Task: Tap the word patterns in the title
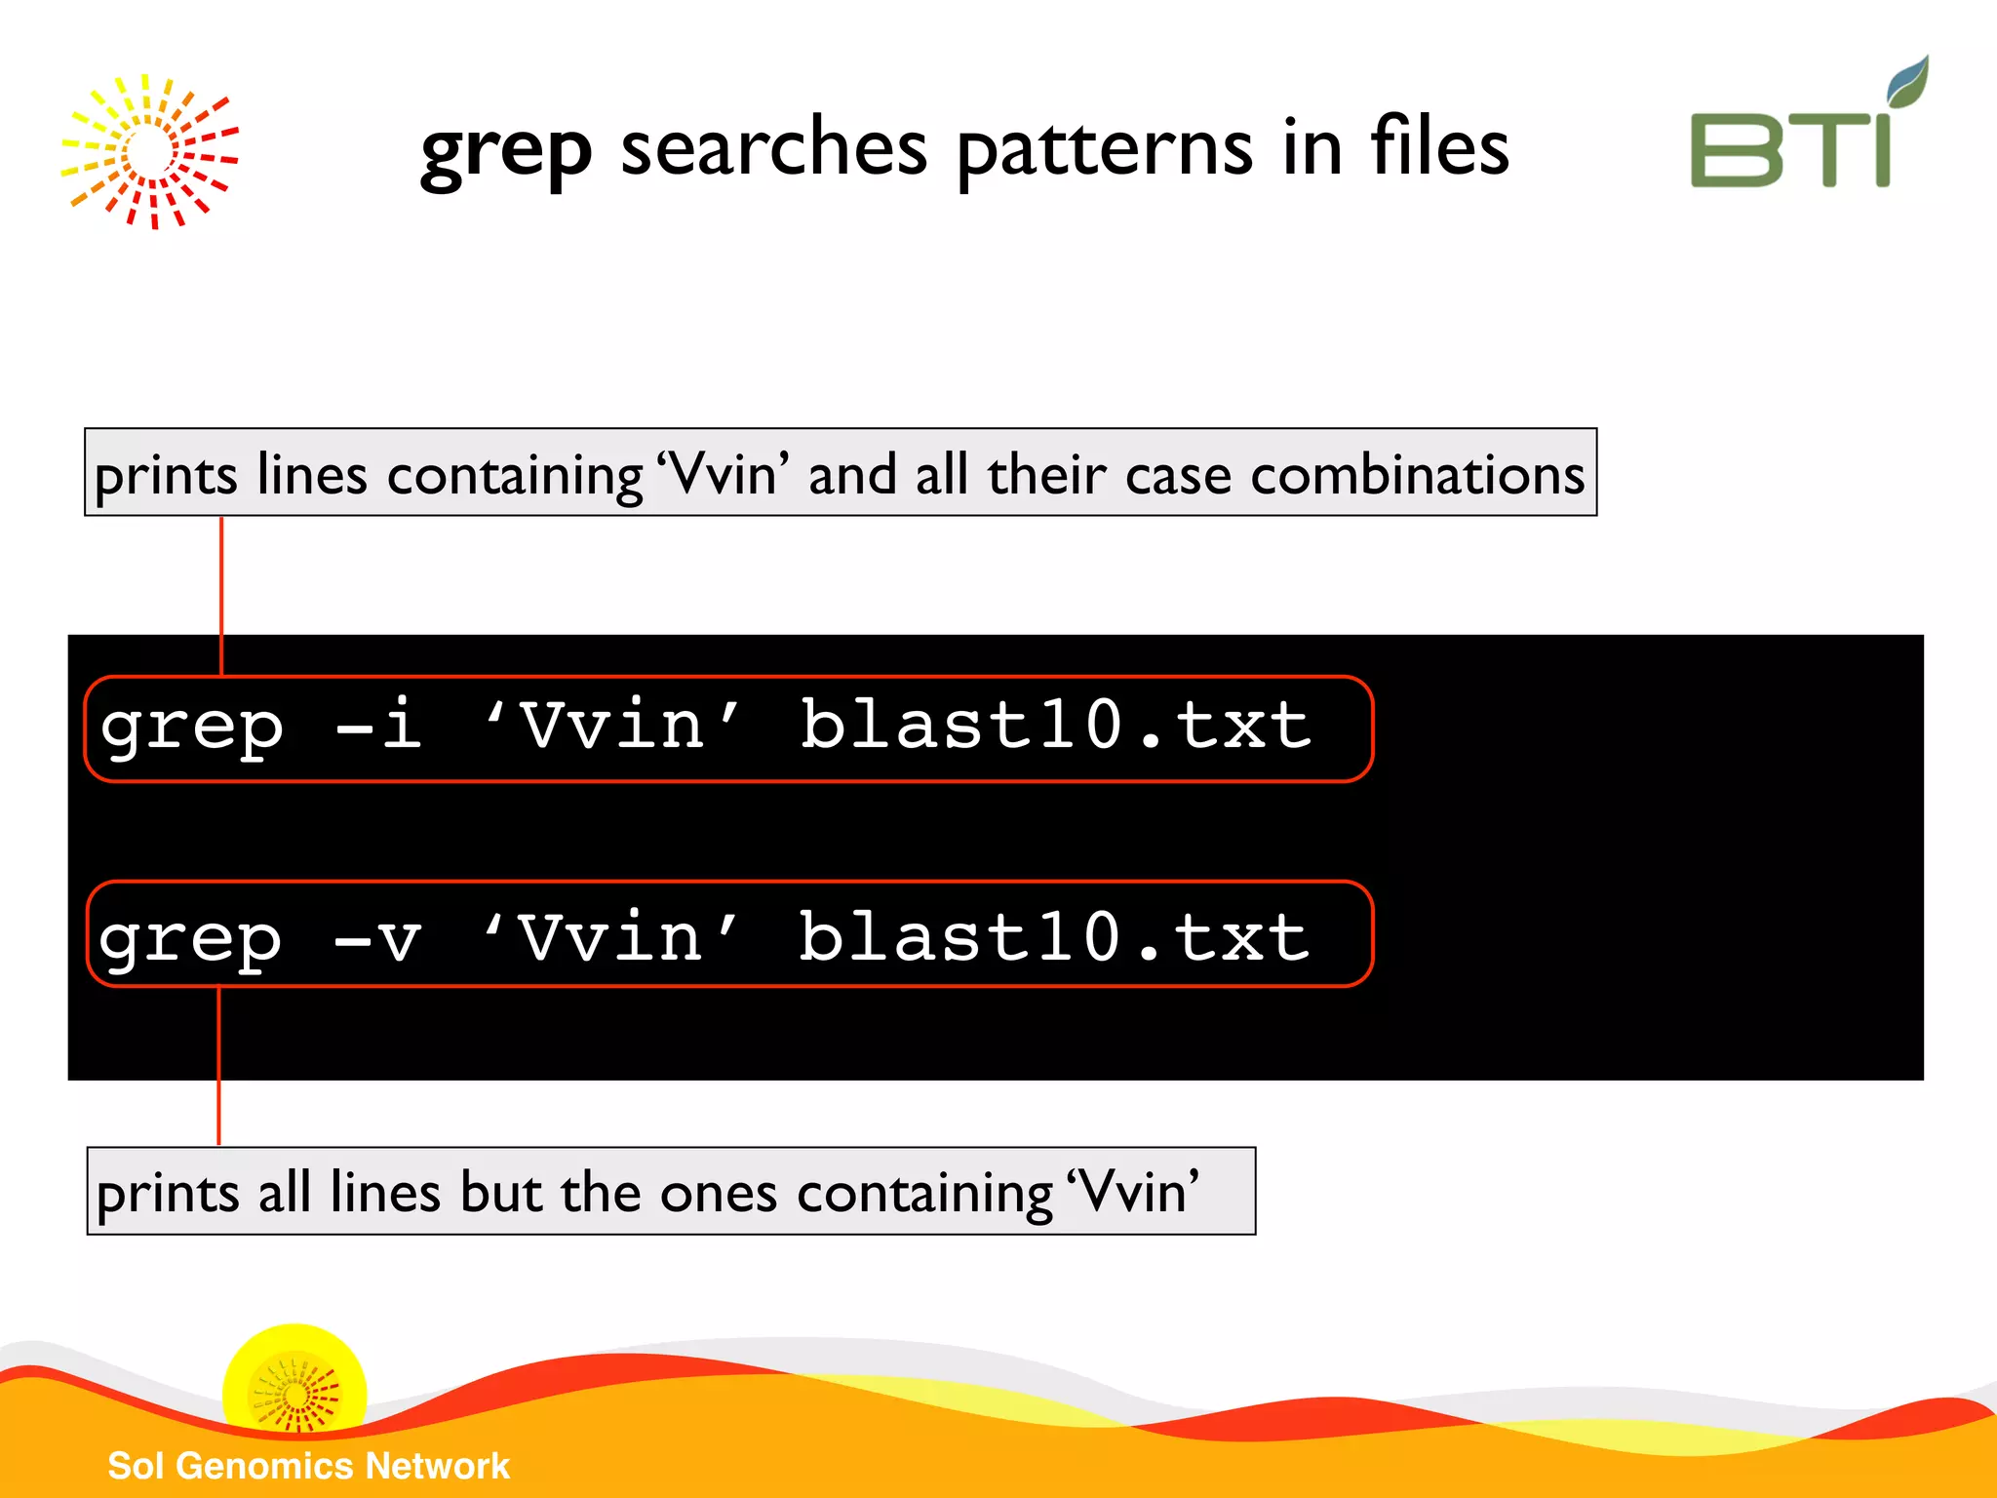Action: click(x=1104, y=151)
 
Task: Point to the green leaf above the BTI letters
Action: click(x=1907, y=81)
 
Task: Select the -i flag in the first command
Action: click(x=379, y=727)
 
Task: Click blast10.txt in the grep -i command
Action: click(x=1056, y=727)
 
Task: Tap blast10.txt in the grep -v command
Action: click(x=1054, y=938)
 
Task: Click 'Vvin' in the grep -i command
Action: click(x=612, y=727)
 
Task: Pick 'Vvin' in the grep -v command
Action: click(x=610, y=938)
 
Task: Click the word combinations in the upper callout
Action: click(x=1417, y=476)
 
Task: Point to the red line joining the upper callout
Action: click(x=222, y=595)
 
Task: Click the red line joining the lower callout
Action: click(x=219, y=1065)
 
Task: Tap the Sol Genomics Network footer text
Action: click(x=308, y=1466)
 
